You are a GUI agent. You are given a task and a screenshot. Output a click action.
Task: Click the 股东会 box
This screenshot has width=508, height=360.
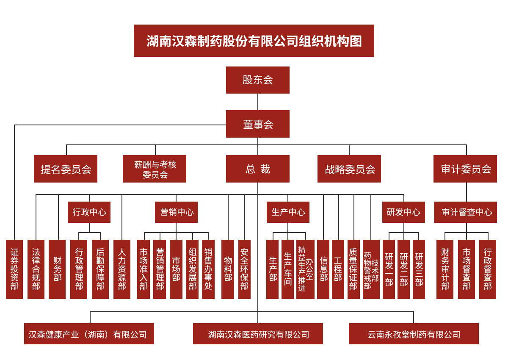pos(257,80)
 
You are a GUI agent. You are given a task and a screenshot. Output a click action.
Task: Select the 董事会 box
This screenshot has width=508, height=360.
pos(257,124)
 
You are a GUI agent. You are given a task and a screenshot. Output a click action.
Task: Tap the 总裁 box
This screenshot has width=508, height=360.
pos(257,169)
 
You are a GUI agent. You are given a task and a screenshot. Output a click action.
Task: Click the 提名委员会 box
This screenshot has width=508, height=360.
pos(66,169)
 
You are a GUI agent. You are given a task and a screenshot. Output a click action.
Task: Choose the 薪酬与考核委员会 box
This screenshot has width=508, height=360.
pos(155,169)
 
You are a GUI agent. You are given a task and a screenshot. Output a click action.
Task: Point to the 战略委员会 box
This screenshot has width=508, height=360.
pos(349,169)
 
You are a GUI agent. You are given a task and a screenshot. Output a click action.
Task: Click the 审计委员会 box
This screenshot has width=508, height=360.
pos(465,169)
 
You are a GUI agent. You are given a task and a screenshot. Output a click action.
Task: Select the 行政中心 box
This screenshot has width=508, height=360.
pos(89,212)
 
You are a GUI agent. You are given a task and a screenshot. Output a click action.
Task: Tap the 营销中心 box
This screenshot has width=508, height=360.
pos(176,212)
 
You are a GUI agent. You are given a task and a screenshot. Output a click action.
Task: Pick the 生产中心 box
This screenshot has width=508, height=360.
pos(288,212)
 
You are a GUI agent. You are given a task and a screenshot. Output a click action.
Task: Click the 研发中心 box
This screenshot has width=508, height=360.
pos(403,212)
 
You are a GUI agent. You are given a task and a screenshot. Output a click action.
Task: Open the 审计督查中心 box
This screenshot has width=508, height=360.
pos(465,212)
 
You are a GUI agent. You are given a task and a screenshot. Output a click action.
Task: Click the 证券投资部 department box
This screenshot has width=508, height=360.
pos(14,269)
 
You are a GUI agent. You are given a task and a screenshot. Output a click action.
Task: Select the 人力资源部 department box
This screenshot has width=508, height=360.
pos(122,269)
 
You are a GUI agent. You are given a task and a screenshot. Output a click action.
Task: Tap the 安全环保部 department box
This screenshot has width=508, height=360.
pos(244,269)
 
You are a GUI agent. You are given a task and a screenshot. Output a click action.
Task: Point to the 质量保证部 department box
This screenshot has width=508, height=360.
pos(353,269)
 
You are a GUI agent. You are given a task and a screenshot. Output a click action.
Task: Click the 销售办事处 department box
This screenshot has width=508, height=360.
pos(208,269)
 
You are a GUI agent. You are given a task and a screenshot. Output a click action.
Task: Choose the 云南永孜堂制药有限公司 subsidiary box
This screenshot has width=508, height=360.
pos(414,334)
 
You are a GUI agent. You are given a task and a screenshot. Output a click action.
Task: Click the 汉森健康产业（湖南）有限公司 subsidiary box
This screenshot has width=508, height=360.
pos(89,334)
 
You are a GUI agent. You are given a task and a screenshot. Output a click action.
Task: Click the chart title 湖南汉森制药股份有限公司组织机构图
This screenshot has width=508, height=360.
pos(254,41)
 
